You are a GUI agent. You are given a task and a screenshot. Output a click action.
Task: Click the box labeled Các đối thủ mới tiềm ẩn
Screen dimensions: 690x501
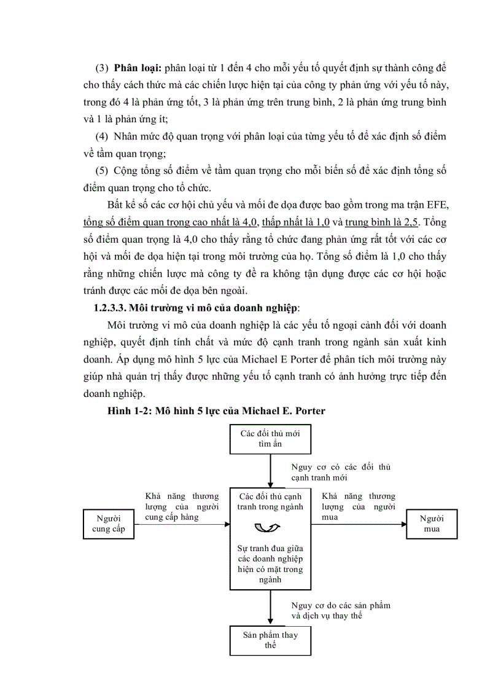click(270, 438)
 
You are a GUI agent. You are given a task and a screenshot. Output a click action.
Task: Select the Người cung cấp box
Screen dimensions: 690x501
click(108, 523)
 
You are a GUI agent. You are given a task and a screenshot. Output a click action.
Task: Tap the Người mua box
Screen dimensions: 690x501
click(432, 523)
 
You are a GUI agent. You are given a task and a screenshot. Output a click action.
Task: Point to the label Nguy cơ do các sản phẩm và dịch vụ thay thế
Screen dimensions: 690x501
click(340, 610)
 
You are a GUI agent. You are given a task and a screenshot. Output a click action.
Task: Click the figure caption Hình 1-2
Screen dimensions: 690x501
click(129, 411)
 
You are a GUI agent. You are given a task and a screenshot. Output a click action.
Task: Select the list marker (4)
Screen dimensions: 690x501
click(103, 136)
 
